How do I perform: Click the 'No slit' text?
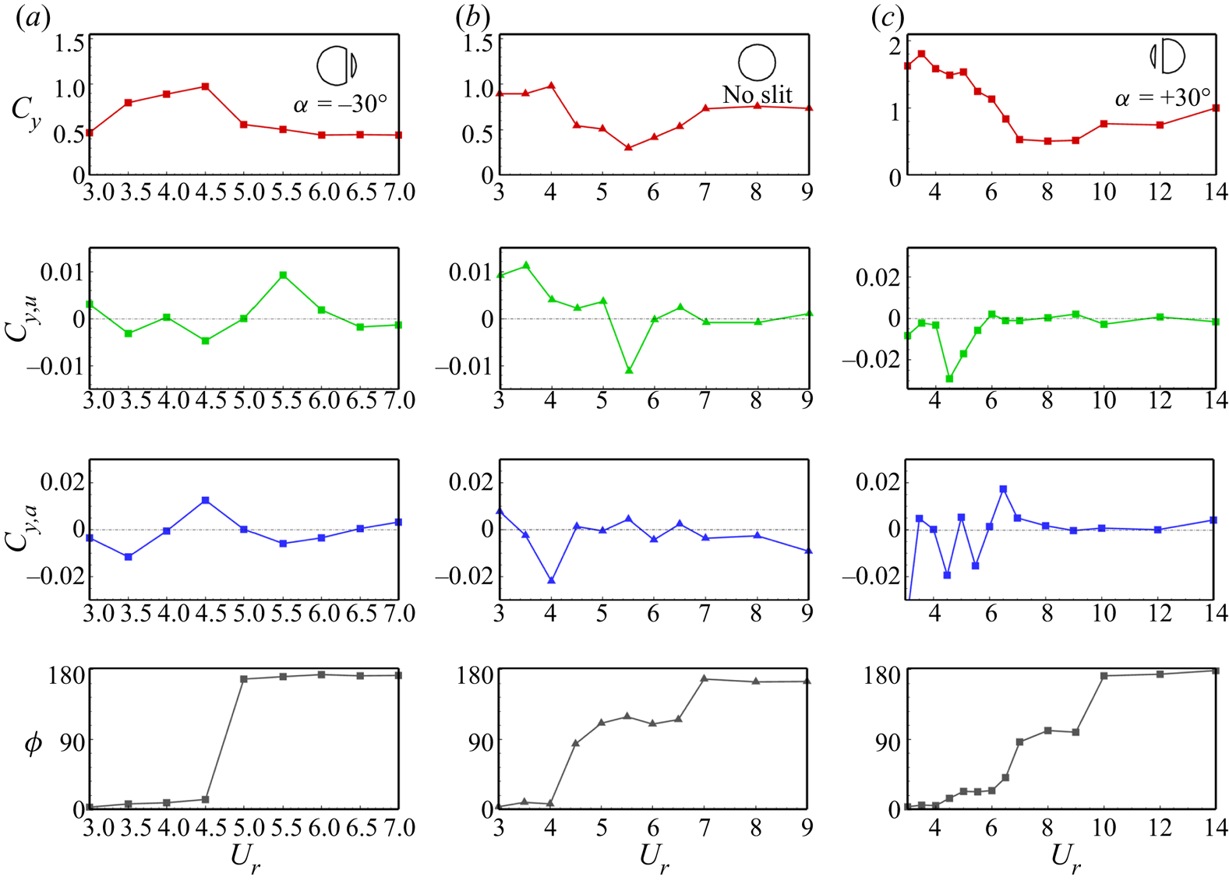[x=757, y=95]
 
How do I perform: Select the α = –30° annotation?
[x=340, y=104]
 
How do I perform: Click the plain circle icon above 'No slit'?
[x=757, y=62]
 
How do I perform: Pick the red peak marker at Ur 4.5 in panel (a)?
[x=205, y=86]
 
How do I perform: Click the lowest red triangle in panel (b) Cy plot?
[x=628, y=147]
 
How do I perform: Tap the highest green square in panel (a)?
[x=283, y=275]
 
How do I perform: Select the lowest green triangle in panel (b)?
[x=628, y=370]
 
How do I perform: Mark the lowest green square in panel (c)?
[x=949, y=379]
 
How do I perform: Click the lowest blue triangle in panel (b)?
[x=551, y=580]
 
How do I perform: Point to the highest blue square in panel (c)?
[x=1003, y=489]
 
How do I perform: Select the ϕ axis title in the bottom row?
[x=33, y=744]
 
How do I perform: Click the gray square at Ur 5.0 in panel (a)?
[x=244, y=679]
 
